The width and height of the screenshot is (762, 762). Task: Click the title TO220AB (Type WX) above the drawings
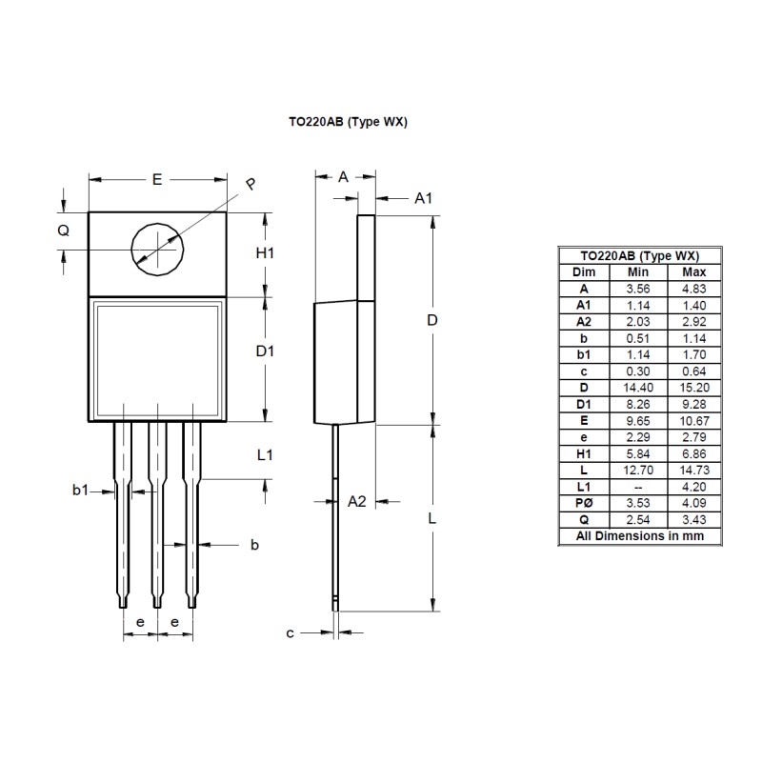(349, 122)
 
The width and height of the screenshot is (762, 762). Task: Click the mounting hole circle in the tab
(156, 249)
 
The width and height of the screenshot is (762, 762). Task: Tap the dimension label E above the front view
(157, 178)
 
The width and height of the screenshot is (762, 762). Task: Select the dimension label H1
(266, 253)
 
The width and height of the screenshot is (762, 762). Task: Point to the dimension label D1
(266, 351)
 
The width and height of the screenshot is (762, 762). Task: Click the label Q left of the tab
(64, 231)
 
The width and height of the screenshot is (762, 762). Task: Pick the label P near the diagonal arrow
(251, 185)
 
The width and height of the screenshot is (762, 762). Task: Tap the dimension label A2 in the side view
(357, 501)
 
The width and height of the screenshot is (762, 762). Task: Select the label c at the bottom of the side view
(291, 632)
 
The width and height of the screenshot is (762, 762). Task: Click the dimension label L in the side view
(431, 519)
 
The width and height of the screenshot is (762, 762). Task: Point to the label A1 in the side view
(424, 198)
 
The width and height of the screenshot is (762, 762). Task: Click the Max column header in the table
(694, 271)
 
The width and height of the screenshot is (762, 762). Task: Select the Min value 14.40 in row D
(637, 388)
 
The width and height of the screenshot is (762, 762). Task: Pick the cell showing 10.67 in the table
(694, 420)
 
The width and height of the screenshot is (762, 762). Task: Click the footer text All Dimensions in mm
(639, 536)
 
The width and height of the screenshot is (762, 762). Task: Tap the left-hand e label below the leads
(140, 622)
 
